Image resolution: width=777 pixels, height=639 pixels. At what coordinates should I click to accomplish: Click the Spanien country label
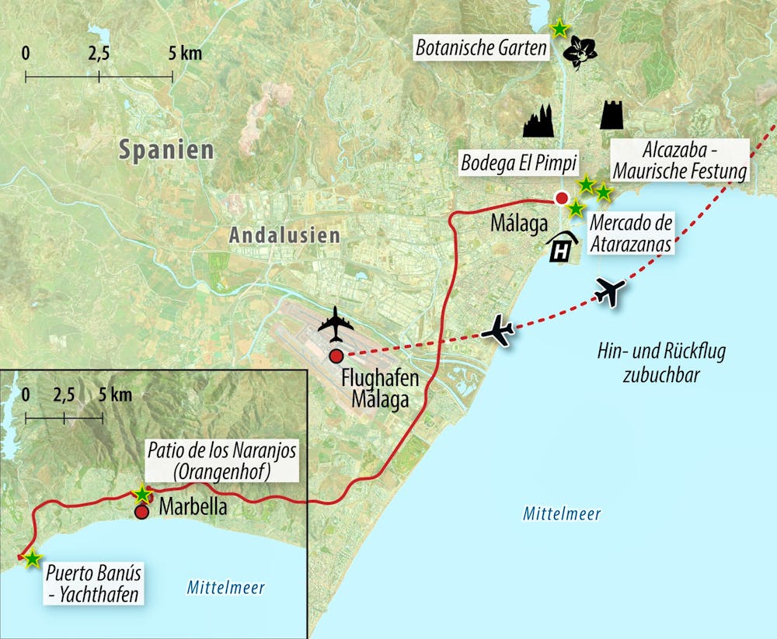(x=166, y=150)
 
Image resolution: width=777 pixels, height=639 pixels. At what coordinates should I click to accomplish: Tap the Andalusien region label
(x=284, y=235)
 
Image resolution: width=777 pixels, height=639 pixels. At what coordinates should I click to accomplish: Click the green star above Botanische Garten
(x=559, y=28)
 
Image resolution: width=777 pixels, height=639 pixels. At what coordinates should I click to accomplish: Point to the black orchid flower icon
(x=579, y=51)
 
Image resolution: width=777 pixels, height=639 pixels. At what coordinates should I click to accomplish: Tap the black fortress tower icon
(x=614, y=114)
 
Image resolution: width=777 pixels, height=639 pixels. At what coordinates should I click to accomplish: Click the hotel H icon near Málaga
(x=565, y=248)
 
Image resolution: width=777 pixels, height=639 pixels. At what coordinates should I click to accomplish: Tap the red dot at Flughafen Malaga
(x=336, y=356)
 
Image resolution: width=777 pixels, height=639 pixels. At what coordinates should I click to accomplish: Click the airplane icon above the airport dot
(x=336, y=324)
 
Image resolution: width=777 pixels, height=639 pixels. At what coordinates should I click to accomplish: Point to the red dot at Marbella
(x=141, y=512)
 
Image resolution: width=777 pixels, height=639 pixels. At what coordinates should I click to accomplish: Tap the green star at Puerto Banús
(x=32, y=559)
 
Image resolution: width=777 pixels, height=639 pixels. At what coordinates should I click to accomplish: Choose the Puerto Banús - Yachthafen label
(x=95, y=585)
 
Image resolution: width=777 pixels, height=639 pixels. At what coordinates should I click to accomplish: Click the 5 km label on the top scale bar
(x=185, y=53)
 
